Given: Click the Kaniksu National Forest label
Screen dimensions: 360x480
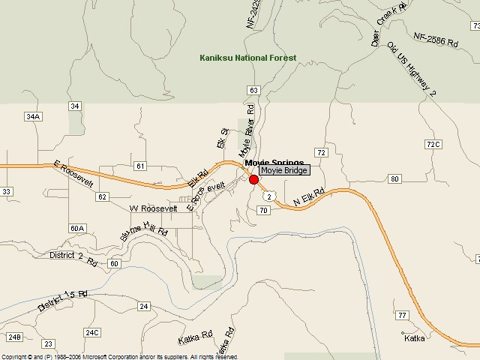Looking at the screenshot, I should [x=247, y=58].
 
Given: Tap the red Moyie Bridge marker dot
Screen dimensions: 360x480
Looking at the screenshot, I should [x=253, y=179].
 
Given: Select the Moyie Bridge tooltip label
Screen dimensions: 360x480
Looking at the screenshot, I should [x=284, y=171].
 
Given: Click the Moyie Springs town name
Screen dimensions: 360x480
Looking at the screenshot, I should [x=274, y=163].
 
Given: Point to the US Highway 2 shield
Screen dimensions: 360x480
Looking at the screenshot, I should [x=268, y=195].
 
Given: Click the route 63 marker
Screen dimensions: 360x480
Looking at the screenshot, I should [x=253, y=90].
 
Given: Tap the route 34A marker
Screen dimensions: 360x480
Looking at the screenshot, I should [x=32, y=116].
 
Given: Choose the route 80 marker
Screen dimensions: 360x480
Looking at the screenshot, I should [x=394, y=178].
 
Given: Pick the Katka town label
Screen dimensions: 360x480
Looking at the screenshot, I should [x=414, y=338].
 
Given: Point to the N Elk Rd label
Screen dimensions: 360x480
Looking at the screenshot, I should [x=308, y=197].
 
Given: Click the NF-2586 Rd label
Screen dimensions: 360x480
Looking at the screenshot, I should [x=435, y=39].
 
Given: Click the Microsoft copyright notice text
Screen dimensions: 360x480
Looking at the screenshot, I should [x=120, y=357].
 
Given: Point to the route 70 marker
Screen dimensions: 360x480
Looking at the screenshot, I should [x=262, y=211].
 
